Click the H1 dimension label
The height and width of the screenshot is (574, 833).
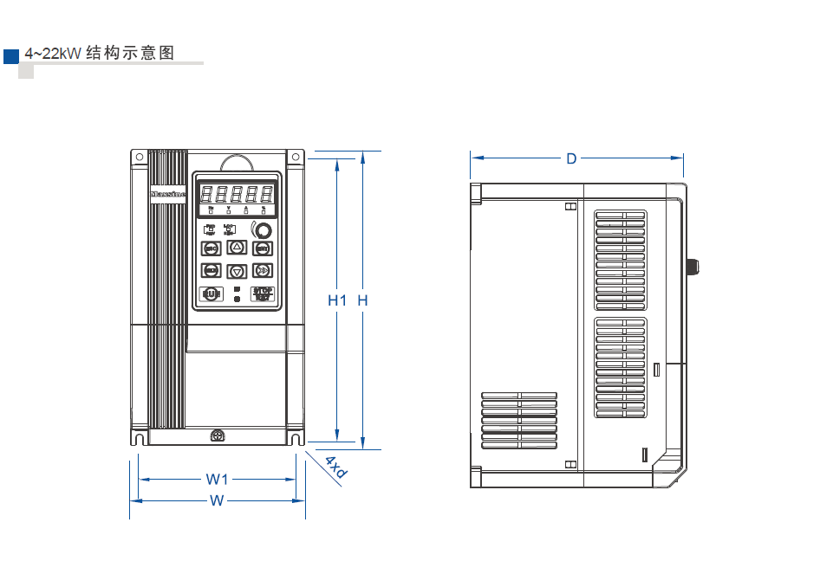click(337, 300)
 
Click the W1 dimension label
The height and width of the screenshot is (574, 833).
click(217, 479)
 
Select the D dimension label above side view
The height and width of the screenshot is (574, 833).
click(571, 158)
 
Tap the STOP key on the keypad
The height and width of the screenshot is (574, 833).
click(262, 293)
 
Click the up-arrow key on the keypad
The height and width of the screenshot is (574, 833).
click(237, 248)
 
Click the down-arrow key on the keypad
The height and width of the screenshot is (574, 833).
click(237, 271)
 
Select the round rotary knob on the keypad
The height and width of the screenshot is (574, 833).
click(262, 230)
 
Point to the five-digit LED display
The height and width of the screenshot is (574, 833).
click(237, 194)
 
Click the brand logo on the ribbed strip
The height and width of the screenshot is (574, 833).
click(167, 195)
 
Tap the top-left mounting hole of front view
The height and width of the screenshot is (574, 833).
click(138, 157)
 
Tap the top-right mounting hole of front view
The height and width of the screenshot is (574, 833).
click(296, 157)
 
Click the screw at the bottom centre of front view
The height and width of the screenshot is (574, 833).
click(217, 435)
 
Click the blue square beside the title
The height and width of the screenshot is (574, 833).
click(11, 56)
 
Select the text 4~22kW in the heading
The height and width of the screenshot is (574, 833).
click(52, 54)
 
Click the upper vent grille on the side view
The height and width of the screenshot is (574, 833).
click(620, 260)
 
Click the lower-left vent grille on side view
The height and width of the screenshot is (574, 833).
click(519, 417)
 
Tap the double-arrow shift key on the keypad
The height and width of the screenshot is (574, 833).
click(263, 271)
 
